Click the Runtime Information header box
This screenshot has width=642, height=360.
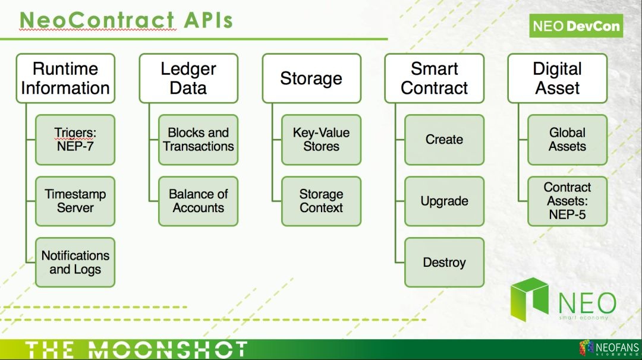coord(65,78)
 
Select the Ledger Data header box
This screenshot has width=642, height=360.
coord(188,78)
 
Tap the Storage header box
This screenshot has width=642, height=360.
coord(311,78)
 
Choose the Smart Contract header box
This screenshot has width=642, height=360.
coord(435,78)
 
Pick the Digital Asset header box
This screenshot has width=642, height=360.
coord(558,78)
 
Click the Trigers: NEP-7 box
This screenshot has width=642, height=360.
coord(75,140)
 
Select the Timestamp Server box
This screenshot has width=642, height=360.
coord(75,201)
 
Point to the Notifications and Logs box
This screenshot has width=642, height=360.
coord(75,263)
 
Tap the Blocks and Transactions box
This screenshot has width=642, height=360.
coord(199,140)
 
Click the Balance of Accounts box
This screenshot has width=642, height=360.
coord(199,201)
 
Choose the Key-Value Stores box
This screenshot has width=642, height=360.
coord(322,140)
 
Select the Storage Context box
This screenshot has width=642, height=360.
coord(322,201)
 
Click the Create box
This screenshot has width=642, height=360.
coord(445,140)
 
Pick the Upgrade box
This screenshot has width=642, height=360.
coord(445,201)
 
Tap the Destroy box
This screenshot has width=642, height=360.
coord(445,263)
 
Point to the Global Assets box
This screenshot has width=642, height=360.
coord(568,140)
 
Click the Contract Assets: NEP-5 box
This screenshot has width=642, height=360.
coord(568,201)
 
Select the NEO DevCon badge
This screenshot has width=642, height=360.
coord(576,26)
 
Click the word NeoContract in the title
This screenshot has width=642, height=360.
coord(97,20)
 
